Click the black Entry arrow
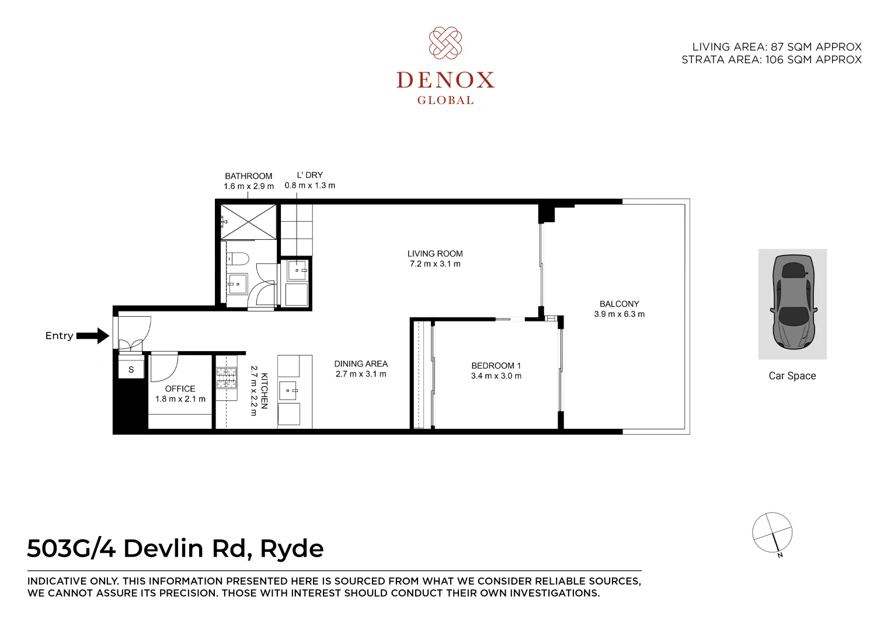(x=93, y=335)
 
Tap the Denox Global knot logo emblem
(x=445, y=43)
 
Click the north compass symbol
(x=772, y=533)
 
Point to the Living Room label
(x=435, y=254)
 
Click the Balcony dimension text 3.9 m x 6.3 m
(x=619, y=314)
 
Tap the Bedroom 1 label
(x=496, y=366)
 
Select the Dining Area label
(x=361, y=363)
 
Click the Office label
(x=180, y=388)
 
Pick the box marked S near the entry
(x=131, y=370)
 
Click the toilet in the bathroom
(x=237, y=258)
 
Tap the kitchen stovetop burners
(x=227, y=377)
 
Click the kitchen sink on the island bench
(x=289, y=390)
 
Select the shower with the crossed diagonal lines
(x=248, y=221)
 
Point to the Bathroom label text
(x=248, y=176)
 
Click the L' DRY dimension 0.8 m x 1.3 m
(x=309, y=185)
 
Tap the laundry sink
(x=298, y=271)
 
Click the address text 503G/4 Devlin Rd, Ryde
(x=175, y=548)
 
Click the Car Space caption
(x=792, y=376)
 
